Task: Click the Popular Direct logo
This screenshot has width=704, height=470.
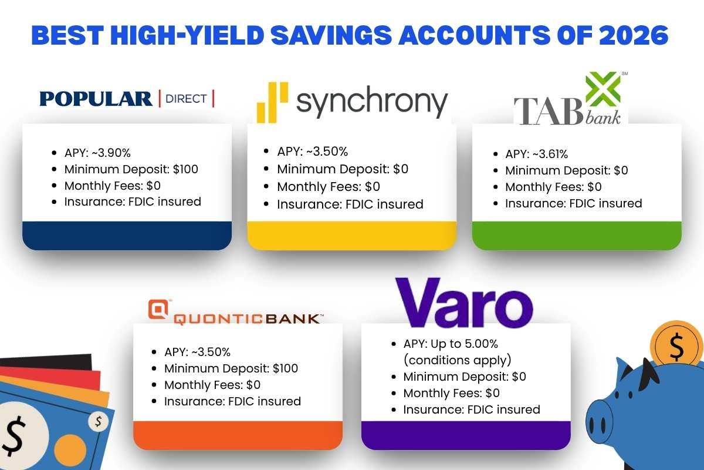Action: [x=127, y=98]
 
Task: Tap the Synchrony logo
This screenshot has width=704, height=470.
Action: [x=352, y=101]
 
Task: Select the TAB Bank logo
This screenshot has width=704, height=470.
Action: [x=568, y=101]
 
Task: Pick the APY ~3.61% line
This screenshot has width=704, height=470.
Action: [x=536, y=155]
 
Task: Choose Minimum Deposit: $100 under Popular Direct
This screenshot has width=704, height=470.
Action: [x=131, y=169]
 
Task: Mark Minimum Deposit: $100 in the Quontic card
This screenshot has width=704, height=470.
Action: [x=231, y=368]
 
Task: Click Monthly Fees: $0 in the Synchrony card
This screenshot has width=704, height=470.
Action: [x=329, y=187]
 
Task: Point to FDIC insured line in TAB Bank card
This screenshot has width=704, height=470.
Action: [x=574, y=203]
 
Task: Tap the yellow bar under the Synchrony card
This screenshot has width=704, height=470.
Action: [x=351, y=236]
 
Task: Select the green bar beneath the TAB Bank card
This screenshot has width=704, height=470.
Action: [x=577, y=236]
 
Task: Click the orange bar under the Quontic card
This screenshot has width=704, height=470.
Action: [x=238, y=435]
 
